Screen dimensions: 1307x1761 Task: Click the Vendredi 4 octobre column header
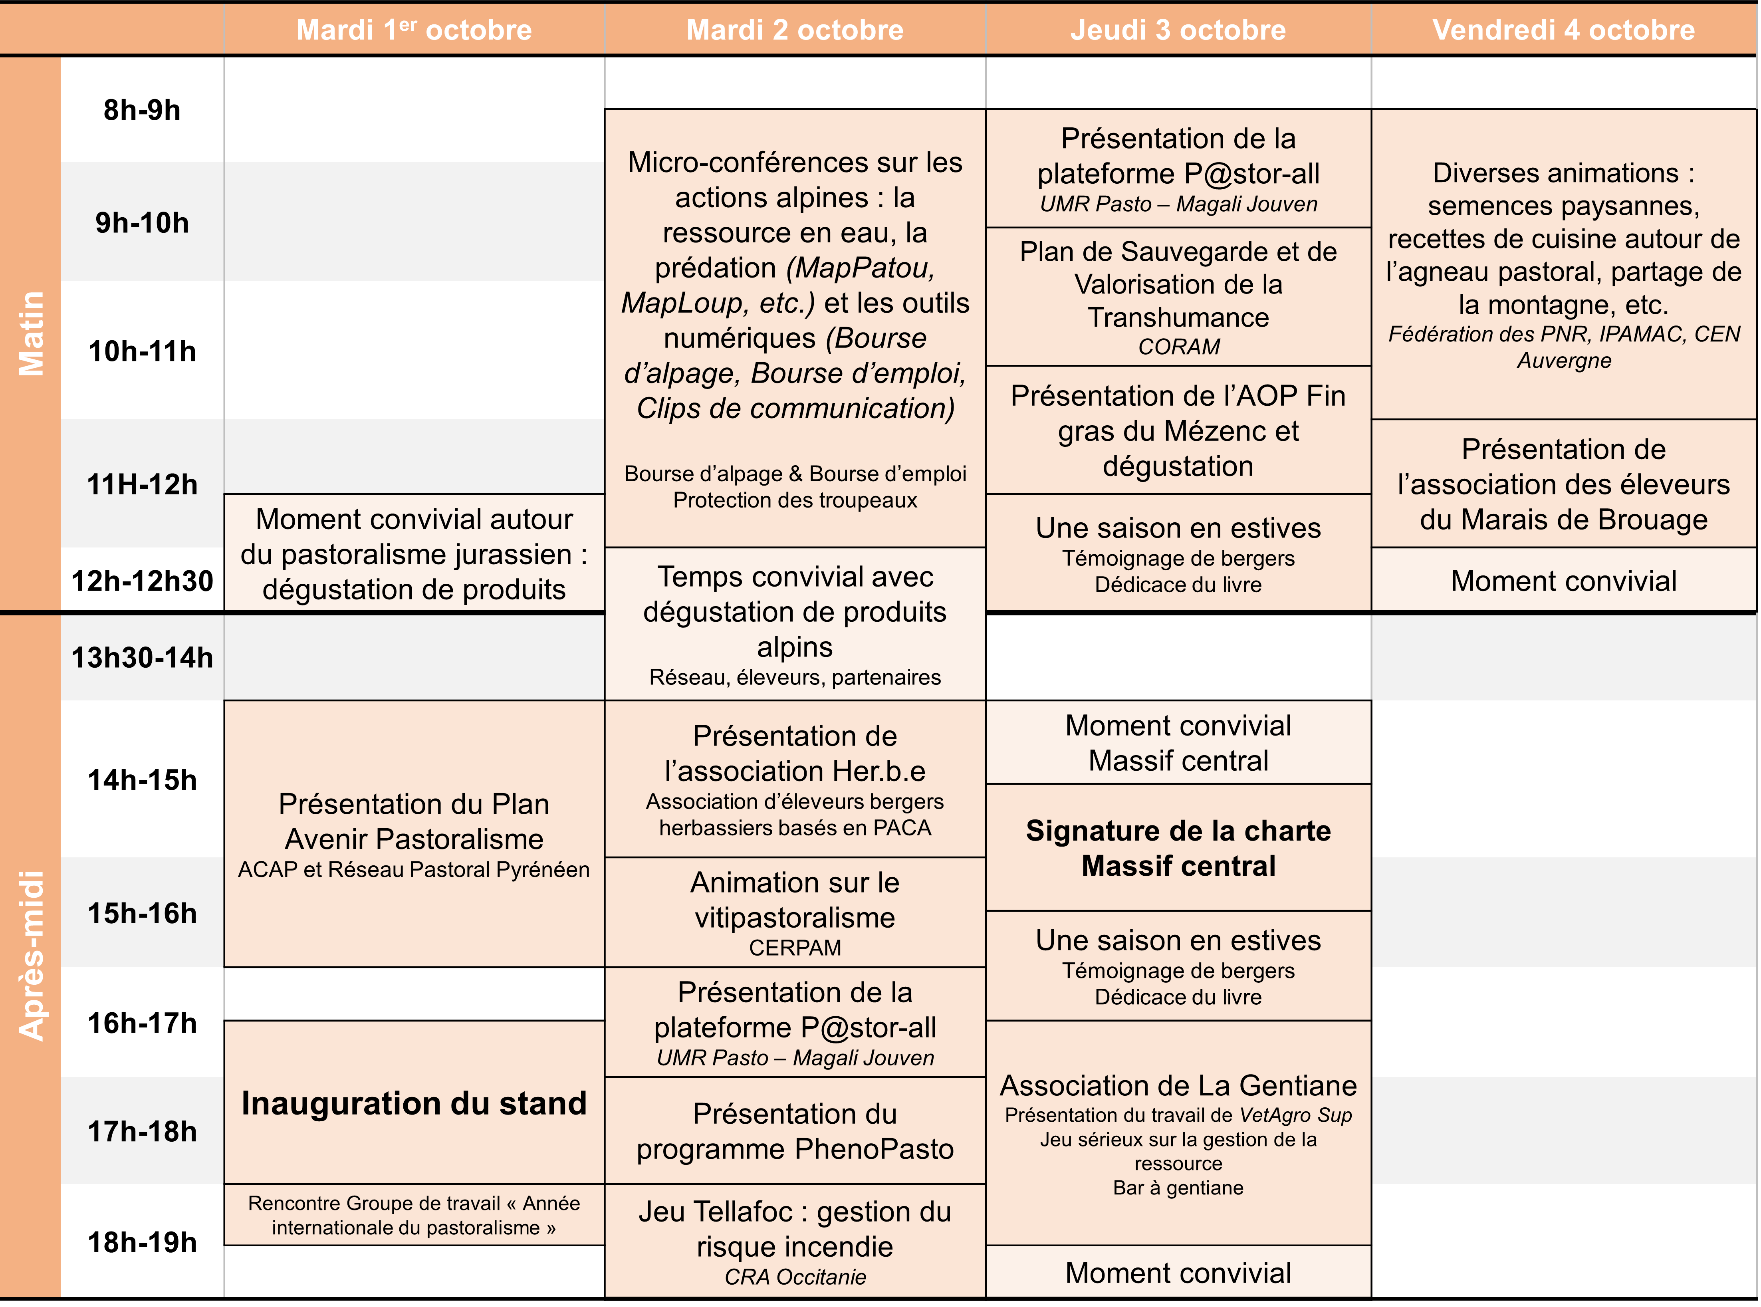click(x=1563, y=30)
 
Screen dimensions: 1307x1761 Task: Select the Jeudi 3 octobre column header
click(x=1178, y=30)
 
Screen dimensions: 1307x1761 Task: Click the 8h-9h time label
click(x=143, y=110)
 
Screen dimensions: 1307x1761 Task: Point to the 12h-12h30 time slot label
click(x=143, y=581)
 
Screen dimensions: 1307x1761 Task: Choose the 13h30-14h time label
click(x=143, y=657)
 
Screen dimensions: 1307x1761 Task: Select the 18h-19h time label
click(x=143, y=1242)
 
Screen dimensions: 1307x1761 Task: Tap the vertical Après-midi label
click(x=32, y=955)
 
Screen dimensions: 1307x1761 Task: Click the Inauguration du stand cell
click(x=414, y=1103)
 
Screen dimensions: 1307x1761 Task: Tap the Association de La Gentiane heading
click(x=1178, y=1085)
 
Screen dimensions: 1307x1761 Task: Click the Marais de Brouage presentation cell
click(x=1563, y=484)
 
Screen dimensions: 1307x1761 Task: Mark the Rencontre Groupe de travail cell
click(x=414, y=1215)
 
